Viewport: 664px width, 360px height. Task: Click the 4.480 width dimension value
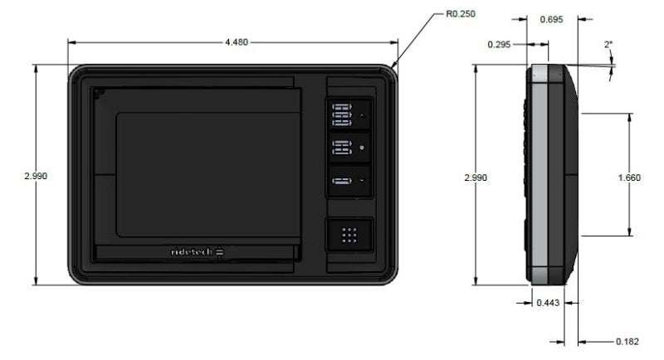[x=235, y=41]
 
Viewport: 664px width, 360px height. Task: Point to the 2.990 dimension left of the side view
[x=476, y=177]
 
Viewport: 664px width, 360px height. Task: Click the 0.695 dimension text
[x=553, y=17]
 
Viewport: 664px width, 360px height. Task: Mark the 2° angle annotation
[x=609, y=44]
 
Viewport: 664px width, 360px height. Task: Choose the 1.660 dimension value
[x=628, y=177]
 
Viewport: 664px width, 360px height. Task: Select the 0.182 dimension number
[x=627, y=341]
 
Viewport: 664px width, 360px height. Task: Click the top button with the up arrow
[x=349, y=112]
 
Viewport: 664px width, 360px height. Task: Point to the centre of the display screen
[x=207, y=174]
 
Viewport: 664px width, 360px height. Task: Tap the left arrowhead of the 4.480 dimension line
[x=71, y=41]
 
